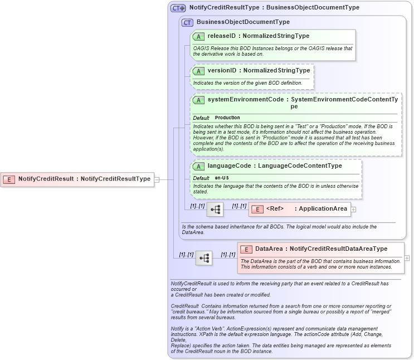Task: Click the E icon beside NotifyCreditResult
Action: pos(9,179)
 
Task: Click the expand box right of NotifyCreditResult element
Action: pos(157,179)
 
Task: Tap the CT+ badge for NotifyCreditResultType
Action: pos(178,8)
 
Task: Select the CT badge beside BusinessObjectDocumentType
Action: pos(187,22)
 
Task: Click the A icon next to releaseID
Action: pos(198,36)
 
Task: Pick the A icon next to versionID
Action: pos(198,71)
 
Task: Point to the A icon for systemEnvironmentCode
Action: pos(198,100)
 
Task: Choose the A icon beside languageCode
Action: pos(198,166)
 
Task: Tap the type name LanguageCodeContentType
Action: pos(300,166)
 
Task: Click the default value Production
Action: pos(227,118)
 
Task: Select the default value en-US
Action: pos(222,178)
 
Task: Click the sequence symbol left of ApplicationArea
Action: pos(215,210)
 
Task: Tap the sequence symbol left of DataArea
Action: pos(204,258)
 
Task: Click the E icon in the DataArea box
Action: pos(246,249)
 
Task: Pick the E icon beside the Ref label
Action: pos(257,209)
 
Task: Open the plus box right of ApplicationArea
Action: pos(353,210)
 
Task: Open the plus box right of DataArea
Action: pos(407,258)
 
